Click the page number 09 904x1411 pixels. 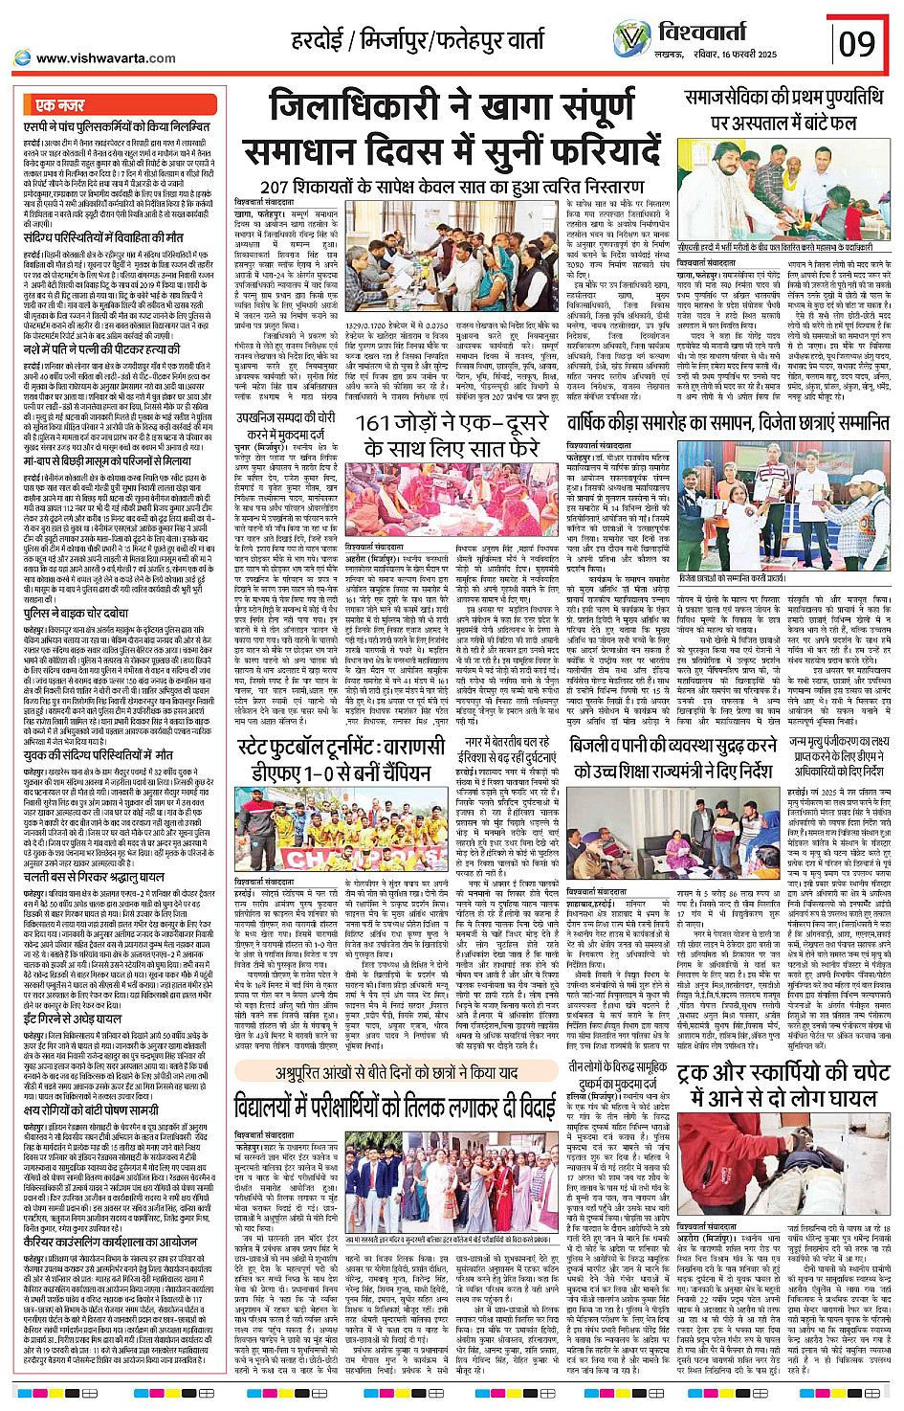[856, 43]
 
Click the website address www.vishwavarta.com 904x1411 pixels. [105, 58]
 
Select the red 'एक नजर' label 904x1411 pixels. [60, 105]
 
